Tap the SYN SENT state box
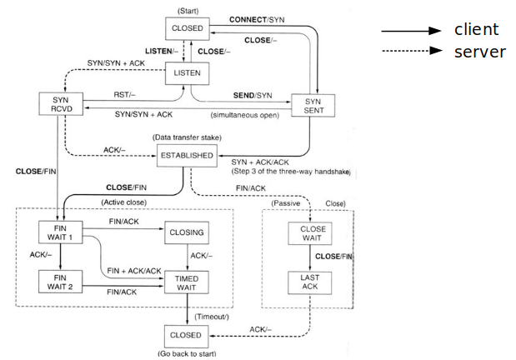point(312,106)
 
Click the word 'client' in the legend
point(477,30)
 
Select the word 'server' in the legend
point(479,51)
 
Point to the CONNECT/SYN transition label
point(262,18)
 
